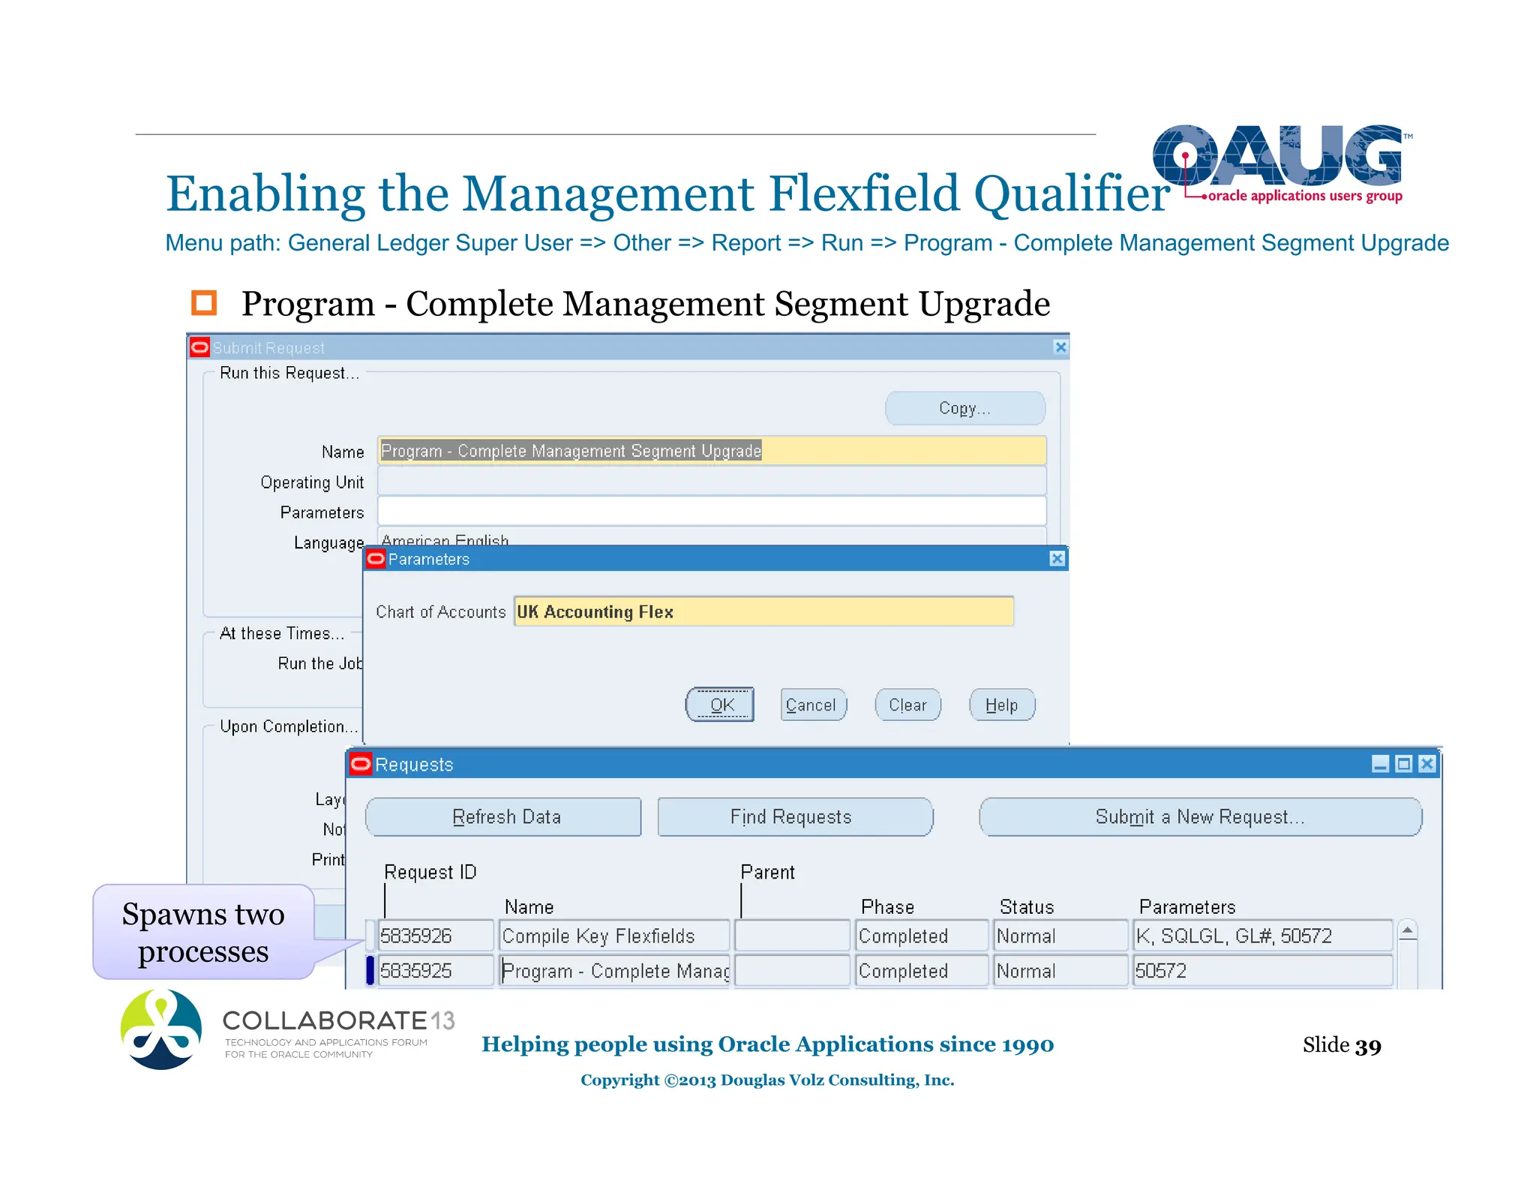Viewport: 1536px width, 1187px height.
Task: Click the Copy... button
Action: point(964,408)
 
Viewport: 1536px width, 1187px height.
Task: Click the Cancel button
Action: point(812,705)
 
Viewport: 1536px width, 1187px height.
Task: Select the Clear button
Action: point(907,705)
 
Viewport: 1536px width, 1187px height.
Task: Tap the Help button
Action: point(1001,705)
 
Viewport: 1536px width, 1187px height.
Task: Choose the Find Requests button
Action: point(793,817)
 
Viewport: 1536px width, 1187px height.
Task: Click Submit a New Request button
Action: point(1199,817)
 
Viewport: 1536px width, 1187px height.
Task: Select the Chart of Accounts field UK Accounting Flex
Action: point(763,612)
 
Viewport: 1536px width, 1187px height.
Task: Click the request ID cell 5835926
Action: point(435,936)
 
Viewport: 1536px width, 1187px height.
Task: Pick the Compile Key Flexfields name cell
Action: point(613,936)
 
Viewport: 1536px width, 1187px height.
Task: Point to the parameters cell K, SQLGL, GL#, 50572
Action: point(1261,936)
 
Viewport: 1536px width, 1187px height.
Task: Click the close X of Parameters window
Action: point(1057,559)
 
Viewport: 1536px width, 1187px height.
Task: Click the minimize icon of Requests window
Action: point(1380,764)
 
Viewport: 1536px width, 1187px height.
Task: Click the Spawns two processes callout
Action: point(203,932)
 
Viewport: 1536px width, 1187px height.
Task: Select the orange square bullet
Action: point(204,303)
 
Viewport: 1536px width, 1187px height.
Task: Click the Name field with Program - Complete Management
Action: point(711,451)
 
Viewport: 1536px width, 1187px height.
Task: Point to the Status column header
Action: point(1026,907)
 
